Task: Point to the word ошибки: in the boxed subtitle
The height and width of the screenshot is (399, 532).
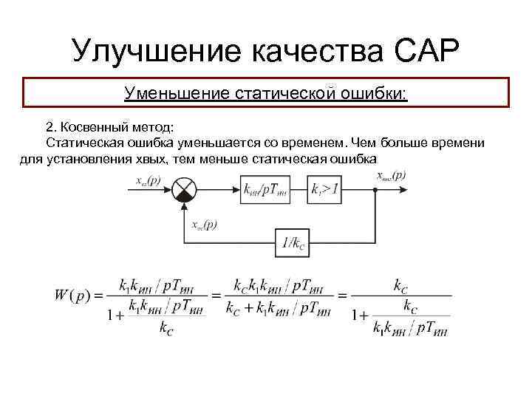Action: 375,94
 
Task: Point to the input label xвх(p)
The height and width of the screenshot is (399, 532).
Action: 150,180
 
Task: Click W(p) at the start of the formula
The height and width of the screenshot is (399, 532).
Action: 72,296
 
